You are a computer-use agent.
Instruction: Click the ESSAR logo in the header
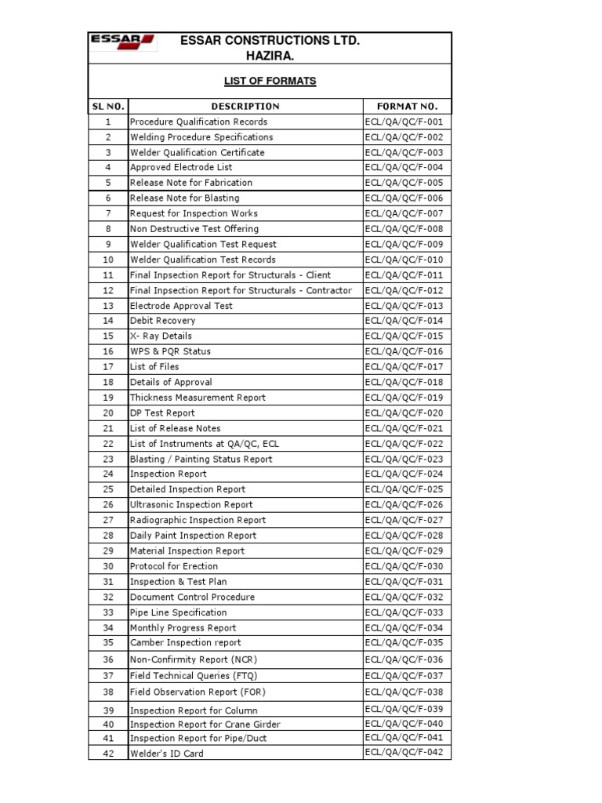click(123, 43)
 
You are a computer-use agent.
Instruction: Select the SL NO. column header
click(108, 106)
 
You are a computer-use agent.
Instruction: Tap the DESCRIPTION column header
click(245, 106)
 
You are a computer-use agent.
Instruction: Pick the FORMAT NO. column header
click(408, 106)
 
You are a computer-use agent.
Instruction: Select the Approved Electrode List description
click(181, 167)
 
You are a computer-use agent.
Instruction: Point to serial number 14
click(108, 321)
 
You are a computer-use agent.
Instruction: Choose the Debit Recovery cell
click(163, 321)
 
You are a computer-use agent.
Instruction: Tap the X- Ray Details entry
click(161, 336)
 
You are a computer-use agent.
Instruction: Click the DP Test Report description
click(162, 412)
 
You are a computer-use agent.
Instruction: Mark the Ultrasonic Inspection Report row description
click(191, 504)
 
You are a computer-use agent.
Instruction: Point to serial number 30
click(108, 566)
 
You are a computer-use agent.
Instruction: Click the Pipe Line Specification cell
click(178, 612)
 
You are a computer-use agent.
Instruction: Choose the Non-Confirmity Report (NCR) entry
click(190, 660)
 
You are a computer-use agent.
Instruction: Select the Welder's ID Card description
click(166, 754)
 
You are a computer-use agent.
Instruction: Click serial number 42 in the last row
click(108, 754)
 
